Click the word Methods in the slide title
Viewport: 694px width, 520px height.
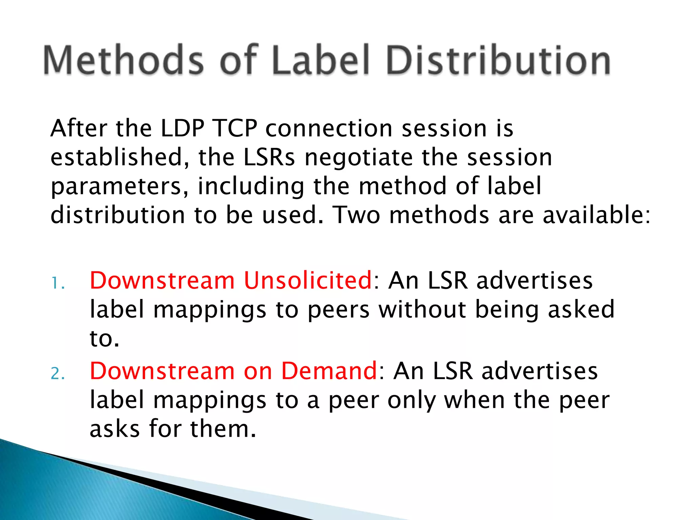[x=124, y=60]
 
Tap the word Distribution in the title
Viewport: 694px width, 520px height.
[x=498, y=60]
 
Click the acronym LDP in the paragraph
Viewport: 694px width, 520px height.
[x=182, y=129]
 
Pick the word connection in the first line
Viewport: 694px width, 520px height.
[x=329, y=129]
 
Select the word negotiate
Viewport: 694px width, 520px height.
[x=359, y=158]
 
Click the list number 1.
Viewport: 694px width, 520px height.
[x=58, y=284]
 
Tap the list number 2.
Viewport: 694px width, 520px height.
[x=58, y=374]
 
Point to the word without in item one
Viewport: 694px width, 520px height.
[x=422, y=309]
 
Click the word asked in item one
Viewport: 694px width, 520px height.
[x=581, y=309]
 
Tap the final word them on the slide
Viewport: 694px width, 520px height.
[x=223, y=429]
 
